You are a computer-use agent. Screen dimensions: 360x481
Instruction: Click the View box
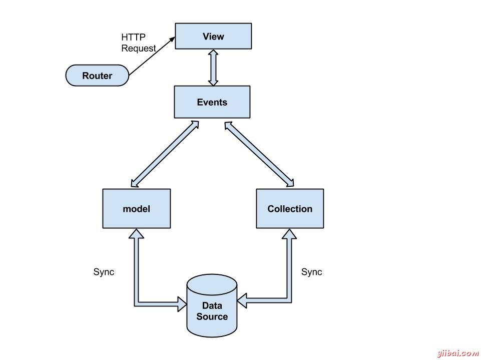213,36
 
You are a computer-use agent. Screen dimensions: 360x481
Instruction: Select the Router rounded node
97,76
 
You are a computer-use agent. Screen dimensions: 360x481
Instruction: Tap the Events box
212,102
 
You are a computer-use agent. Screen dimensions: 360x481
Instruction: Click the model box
136,208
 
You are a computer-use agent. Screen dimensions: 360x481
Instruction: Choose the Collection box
290,208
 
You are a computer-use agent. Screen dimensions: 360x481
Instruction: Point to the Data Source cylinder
212,305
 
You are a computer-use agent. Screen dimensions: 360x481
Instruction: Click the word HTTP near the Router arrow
132,38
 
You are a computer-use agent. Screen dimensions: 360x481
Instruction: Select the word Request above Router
139,49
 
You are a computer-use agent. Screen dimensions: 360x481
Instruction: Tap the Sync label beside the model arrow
104,272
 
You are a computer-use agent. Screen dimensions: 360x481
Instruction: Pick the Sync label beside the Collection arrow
311,272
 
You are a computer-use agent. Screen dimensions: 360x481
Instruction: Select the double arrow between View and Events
213,67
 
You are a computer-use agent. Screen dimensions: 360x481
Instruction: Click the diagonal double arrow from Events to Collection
260,152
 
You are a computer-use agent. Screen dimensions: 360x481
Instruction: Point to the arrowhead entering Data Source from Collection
243,301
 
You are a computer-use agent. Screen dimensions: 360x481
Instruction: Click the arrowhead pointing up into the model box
136,234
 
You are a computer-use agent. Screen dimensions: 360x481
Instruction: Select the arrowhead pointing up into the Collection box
289,233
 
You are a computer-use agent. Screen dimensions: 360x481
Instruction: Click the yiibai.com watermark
457,353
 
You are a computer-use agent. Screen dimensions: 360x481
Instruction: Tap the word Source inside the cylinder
212,316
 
